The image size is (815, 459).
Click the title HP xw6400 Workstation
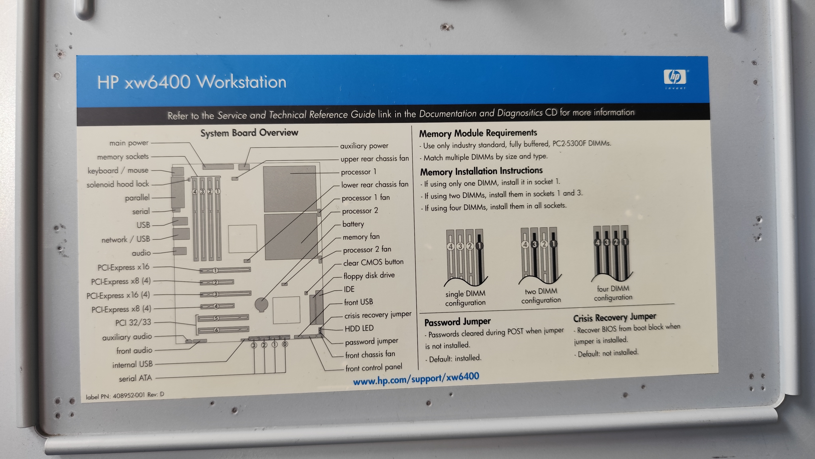pyautogui.click(x=192, y=82)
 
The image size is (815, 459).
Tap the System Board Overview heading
pyautogui.click(x=249, y=133)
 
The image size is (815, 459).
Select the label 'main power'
pyautogui.click(x=129, y=143)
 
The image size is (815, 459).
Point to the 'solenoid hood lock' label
pyautogui.click(x=118, y=184)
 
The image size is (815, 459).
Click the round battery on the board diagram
pyautogui.click(x=261, y=304)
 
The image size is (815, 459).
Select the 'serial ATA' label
pyautogui.click(x=135, y=378)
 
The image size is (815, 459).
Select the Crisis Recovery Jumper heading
pyautogui.click(x=614, y=317)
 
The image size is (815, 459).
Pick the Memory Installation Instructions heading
pyautogui.click(x=481, y=171)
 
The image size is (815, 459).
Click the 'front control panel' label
pyautogui.click(x=374, y=367)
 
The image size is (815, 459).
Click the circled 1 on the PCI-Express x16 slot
pyautogui.click(x=215, y=270)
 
